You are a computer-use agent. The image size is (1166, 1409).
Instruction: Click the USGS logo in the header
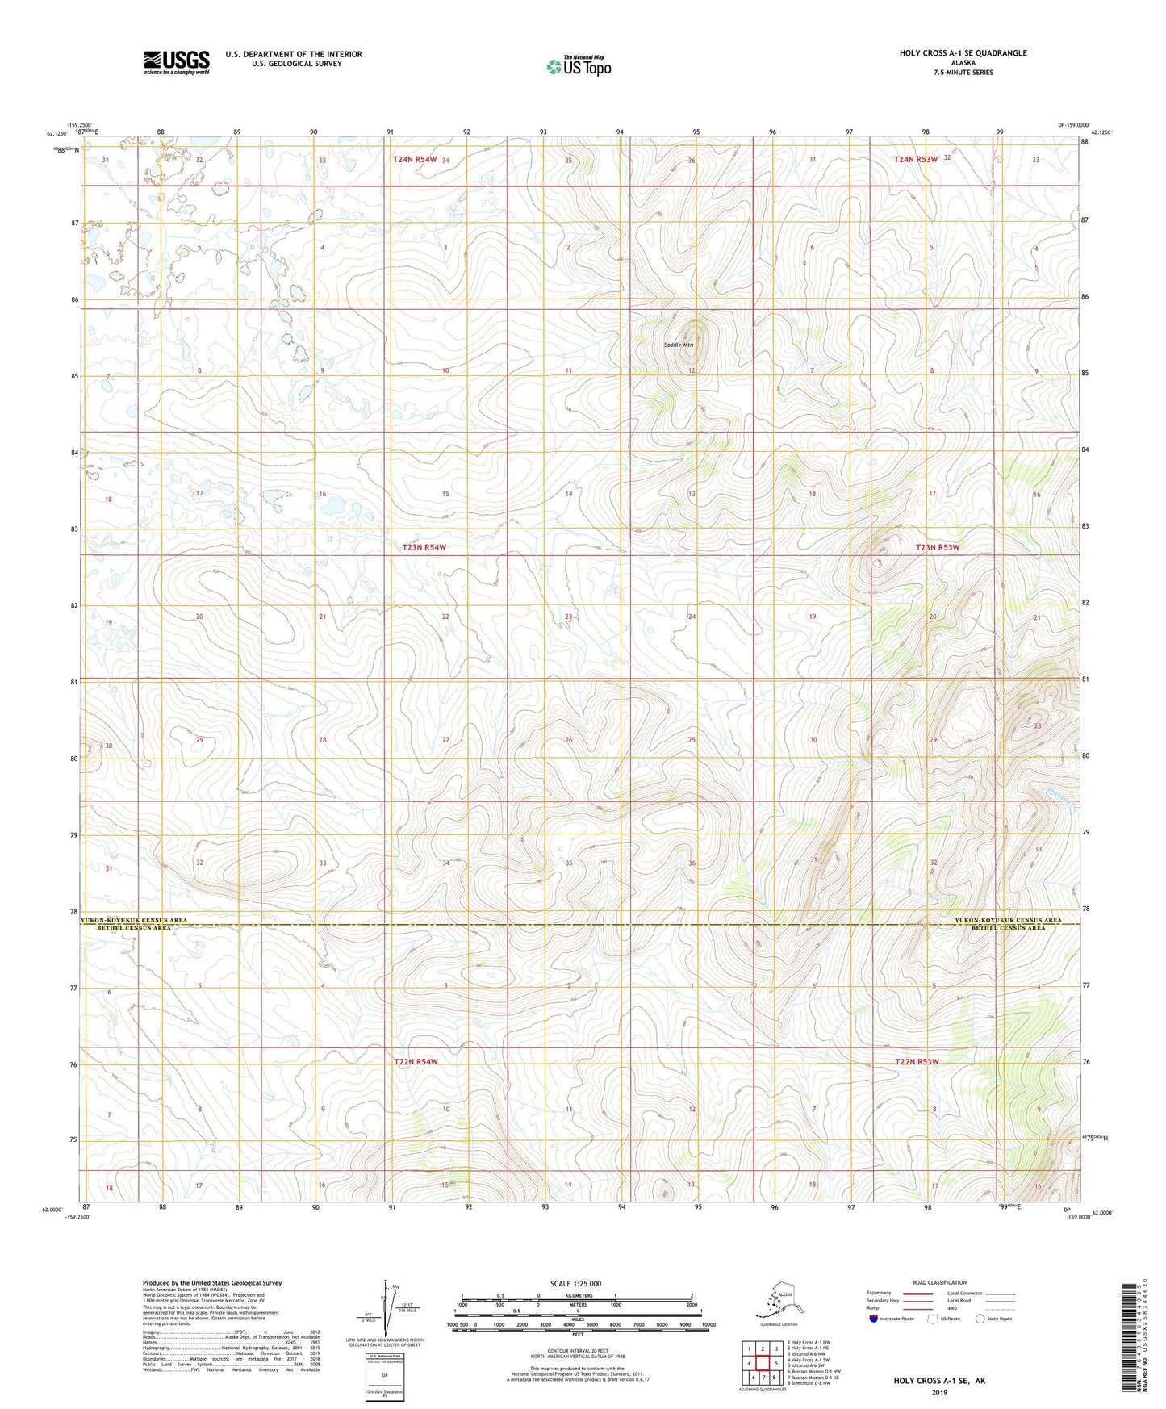click(176, 62)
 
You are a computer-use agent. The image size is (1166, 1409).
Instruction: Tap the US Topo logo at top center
click(578, 66)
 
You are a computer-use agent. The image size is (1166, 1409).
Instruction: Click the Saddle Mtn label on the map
click(678, 345)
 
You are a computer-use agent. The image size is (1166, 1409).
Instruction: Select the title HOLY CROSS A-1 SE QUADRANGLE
click(963, 53)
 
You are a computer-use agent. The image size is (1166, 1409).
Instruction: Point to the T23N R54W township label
click(424, 547)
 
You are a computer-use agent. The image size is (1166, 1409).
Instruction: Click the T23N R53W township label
click(937, 547)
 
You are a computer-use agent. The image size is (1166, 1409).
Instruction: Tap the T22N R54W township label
click(416, 1062)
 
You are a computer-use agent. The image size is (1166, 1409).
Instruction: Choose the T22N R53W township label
click(917, 1062)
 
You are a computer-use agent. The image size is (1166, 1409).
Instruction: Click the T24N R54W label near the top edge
click(415, 160)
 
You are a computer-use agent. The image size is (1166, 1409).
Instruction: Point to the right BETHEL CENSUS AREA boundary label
click(1008, 928)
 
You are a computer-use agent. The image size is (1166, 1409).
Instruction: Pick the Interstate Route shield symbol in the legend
click(873, 1319)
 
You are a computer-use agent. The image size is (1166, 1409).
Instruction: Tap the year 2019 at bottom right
click(939, 1392)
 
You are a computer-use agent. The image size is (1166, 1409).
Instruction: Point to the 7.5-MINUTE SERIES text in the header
click(963, 73)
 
